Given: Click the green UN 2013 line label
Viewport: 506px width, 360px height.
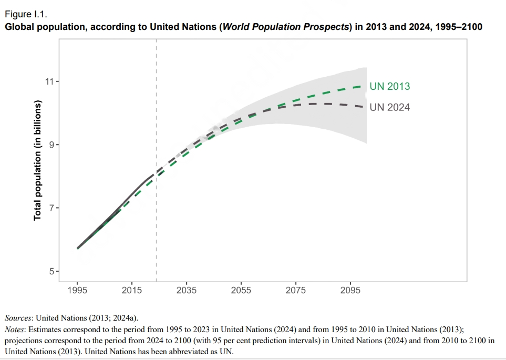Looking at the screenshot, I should [x=389, y=87].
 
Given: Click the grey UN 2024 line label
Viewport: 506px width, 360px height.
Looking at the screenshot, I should [x=389, y=107].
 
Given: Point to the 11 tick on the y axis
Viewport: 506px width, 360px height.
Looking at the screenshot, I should [x=50, y=81].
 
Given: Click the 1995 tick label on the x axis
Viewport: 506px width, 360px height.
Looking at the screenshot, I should [x=77, y=290].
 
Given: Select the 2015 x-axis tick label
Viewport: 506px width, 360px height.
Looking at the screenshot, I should [x=132, y=290].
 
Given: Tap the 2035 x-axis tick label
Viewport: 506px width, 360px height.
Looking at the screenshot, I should [x=187, y=290].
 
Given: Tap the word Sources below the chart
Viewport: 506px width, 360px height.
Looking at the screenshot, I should [x=18, y=318].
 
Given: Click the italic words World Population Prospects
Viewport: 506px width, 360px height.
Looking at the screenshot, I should [x=286, y=26].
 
